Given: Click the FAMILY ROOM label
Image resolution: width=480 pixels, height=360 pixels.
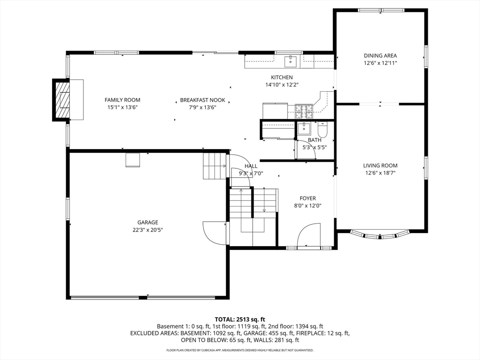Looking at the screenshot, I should [x=122, y=100].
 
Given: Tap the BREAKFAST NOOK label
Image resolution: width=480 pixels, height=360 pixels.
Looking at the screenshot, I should [x=202, y=100].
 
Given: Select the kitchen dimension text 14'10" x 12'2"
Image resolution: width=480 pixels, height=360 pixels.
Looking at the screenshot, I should [x=282, y=85].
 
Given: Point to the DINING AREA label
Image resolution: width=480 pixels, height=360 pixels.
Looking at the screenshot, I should [x=380, y=55].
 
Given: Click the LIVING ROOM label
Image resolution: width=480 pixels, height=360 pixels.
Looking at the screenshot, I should [x=380, y=165].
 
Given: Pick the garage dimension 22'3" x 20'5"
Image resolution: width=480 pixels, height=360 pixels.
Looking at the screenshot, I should [x=148, y=230].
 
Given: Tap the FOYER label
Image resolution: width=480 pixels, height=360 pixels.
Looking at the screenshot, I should [x=307, y=198].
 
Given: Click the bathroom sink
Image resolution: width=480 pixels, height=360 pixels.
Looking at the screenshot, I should [x=304, y=128].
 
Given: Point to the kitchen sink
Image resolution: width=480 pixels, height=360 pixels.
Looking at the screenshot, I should [x=291, y=61].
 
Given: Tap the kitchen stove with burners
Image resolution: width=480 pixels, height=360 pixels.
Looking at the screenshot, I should [x=304, y=111].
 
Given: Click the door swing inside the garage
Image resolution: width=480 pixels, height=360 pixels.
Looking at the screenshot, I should [x=215, y=232].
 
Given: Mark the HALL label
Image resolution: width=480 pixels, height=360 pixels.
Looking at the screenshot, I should [x=251, y=166].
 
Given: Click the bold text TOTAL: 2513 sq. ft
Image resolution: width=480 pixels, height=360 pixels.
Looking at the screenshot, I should [x=240, y=319].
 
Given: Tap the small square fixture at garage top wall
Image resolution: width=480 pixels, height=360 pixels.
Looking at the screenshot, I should [x=133, y=160].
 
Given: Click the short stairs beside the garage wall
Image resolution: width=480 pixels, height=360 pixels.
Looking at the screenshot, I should [x=215, y=166].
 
